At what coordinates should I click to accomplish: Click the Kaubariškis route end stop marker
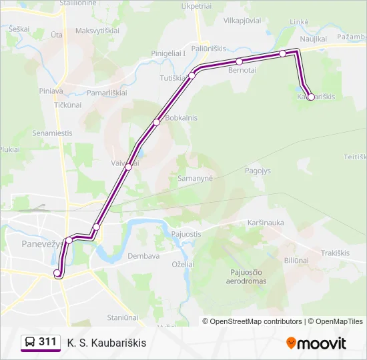pyautogui.click(x=311, y=97)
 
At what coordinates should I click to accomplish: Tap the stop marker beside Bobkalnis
pyautogui.click(x=157, y=122)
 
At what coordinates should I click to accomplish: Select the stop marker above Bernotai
pyautogui.click(x=240, y=62)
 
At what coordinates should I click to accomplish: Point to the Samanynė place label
pyautogui.click(x=195, y=179)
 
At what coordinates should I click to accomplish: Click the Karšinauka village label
pyautogui.click(x=246, y=223)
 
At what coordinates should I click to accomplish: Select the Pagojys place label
pyautogui.click(x=258, y=171)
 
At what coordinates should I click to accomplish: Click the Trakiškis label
pyautogui.click(x=335, y=253)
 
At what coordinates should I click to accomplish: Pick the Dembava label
pyautogui.click(x=143, y=256)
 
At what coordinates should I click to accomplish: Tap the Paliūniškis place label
pyautogui.click(x=211, y=48)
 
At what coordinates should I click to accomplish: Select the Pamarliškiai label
pyautogui.click(x=107, y=93)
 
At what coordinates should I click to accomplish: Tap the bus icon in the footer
pyautogui.click(x=30, y=343)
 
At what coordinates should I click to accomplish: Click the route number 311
pyautogui.click(x=48, y=342)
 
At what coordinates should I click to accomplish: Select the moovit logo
pyautogui.click(x=316, y=343)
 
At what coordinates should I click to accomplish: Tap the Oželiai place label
pyautogui.click(x=183, y=264)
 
